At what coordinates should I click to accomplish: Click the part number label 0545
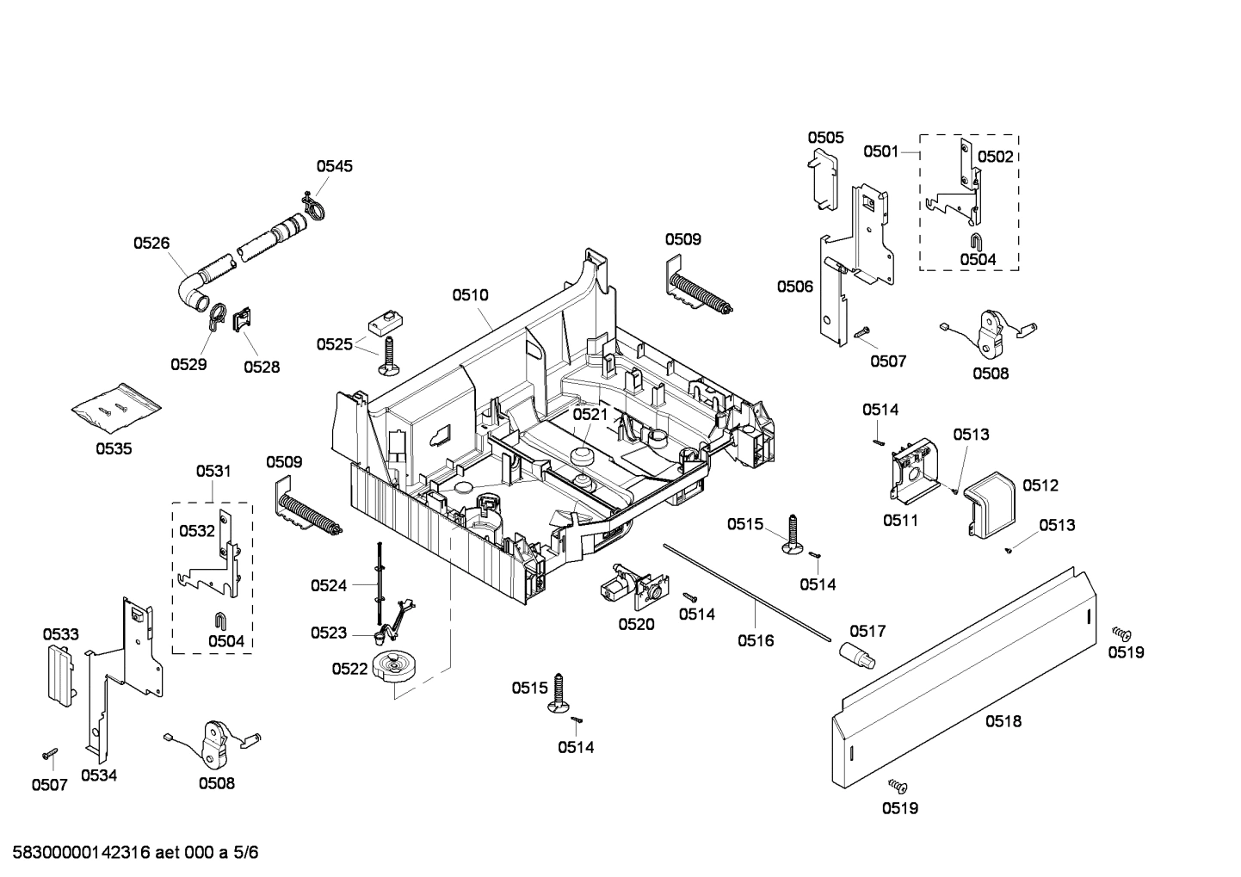tap(334, 166)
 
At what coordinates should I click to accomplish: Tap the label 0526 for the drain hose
tap(151, 244)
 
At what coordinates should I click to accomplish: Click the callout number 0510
tap(470, 295)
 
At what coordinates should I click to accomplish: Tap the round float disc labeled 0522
tap(395, 669)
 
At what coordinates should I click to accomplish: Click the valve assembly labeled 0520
tap(628, 588)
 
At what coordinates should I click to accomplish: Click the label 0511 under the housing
tap(900, 520)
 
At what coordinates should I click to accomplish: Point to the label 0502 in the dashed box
tap(996, 157)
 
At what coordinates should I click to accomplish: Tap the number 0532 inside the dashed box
tap(197, 531)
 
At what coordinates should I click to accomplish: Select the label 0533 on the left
tap(61, 634)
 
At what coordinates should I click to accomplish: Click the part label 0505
tap(825, 138)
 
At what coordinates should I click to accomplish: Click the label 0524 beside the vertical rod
tap(329, 586)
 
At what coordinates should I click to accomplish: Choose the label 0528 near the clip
tap(262, 367)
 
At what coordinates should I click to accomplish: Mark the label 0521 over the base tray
tap(590, 414)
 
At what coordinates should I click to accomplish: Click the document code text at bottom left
tap(130, 853)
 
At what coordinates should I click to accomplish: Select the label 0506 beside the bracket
tap(794, 287)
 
